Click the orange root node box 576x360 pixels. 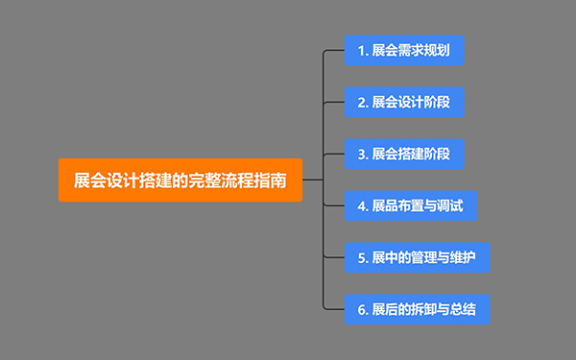(180, 180)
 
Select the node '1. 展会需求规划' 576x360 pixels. (405, 50)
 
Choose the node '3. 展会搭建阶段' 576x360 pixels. (405, 154)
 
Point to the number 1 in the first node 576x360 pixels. (359, 50)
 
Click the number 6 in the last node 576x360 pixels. (359, 309)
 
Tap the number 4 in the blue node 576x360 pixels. (360, 205)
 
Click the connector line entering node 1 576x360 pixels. (336, 50)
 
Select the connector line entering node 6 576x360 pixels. (336, 309)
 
